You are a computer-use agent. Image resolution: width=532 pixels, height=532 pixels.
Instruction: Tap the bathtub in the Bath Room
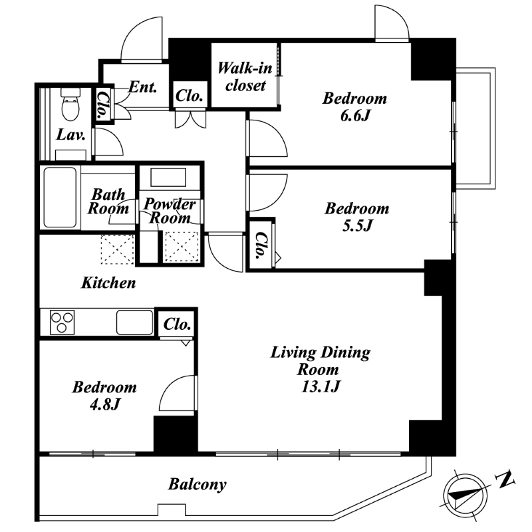coord(60,198)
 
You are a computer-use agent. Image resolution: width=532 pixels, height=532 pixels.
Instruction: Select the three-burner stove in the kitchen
coord(62,322)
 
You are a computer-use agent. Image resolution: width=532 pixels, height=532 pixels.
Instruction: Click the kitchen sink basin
coord(135,322)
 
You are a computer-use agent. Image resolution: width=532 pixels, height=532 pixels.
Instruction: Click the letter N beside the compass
coord(505,479)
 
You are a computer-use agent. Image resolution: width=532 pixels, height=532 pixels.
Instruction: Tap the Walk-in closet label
coord(245,76)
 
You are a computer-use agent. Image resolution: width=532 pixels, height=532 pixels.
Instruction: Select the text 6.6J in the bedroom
coord(354,116)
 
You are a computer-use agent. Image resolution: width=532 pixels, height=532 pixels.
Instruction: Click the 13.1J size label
coord(321,386)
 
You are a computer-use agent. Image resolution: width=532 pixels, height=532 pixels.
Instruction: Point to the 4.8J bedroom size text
coord(104,404)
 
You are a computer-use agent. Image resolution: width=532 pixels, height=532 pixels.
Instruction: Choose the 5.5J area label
coord(357,225)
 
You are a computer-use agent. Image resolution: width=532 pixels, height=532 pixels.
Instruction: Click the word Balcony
coord(197,485)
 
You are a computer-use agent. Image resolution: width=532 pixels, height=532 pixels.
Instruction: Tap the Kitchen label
coord(108,283)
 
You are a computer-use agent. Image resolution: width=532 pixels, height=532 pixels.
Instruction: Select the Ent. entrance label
coord(143,87)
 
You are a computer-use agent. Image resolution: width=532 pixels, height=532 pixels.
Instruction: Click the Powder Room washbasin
coord(168,178)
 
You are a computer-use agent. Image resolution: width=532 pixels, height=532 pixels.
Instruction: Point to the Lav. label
coord(70,135)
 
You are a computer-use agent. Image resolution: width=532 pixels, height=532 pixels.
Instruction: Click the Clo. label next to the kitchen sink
coord(177,325)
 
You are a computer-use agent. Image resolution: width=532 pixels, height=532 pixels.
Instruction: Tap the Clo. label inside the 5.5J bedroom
coord(260,245)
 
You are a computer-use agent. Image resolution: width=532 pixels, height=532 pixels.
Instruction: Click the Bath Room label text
coord(108,201)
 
